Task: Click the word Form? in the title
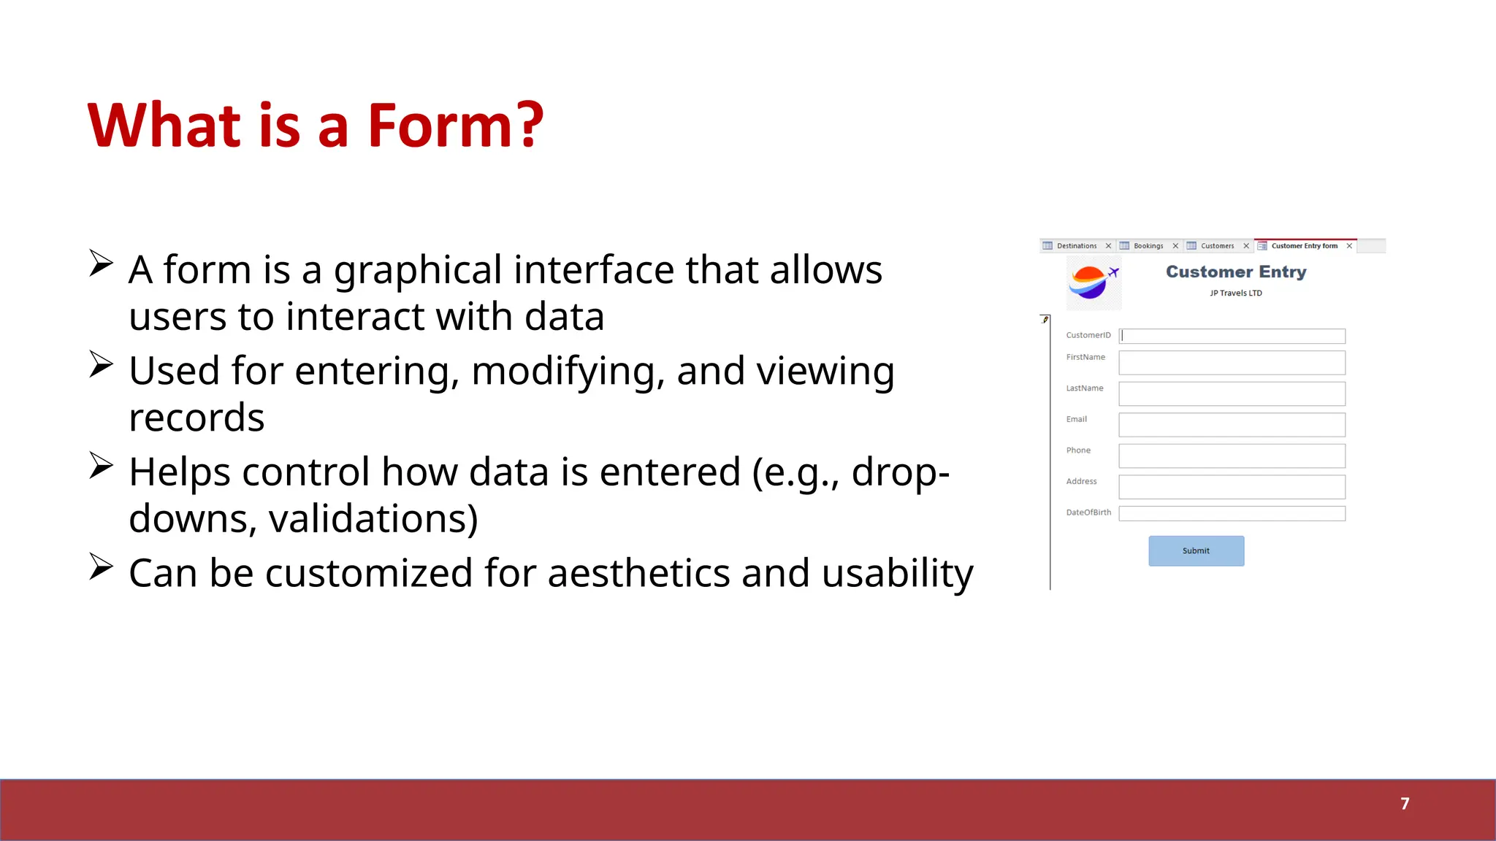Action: (x=454, y=126)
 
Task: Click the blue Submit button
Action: (x=1196, y=551)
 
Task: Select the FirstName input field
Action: (x=1232, y=363)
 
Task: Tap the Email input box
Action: (x=1232, y=425)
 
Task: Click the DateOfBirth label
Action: (x=1088, y=512)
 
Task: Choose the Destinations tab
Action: (x=1076, y=246)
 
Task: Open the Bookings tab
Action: (x=1148, y=246)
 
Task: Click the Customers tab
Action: (x=1216, y=246)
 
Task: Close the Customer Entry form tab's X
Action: (x=1349, y=246)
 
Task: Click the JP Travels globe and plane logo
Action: (x=1093, y=283)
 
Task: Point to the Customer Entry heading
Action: (x=1236, y=272)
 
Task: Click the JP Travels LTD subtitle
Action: (x=1235, y=293)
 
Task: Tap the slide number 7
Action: (x=1404, y=804)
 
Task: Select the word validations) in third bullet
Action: (x=373, y=519)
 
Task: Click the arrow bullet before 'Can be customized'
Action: (x=101, y=567)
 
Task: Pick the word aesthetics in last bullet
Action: (x=638, y=573)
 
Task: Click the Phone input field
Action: (x=1232, y=456)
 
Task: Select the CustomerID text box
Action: (x=1232, y=336)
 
